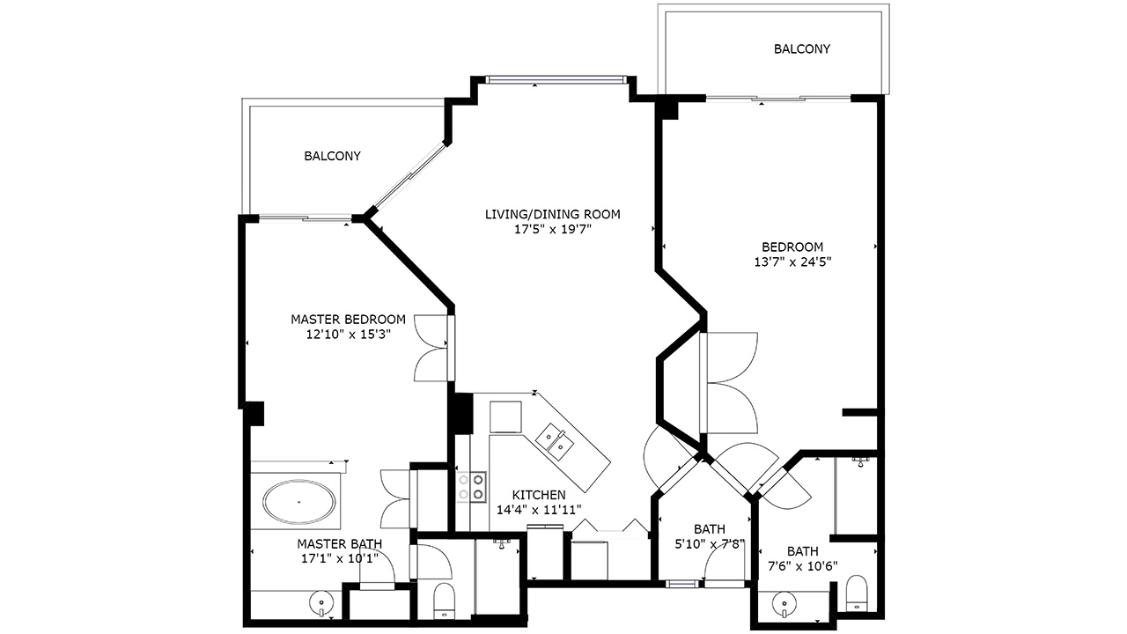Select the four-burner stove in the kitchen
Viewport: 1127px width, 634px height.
click(x=471, y=487)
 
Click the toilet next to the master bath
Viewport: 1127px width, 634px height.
click(x=444, y=601)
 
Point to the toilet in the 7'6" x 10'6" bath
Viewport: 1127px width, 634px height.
click(x=857, y=593)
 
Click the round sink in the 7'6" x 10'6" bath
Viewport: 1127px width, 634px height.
click(x=784, y=603)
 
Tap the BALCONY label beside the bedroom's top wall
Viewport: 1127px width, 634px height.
click(x=802, y=48)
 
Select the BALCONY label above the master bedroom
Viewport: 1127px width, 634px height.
click(x=332, y=156)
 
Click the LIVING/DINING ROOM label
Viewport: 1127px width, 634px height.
click(x=552, y=214)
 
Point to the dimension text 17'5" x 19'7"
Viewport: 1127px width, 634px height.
click(x=552, y=230)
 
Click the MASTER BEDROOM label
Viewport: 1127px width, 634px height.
click(x=348, y=319)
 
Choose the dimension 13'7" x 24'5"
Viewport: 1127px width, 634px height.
click(x=792, y=262)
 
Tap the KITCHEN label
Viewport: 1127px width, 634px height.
click(x=539, y=495)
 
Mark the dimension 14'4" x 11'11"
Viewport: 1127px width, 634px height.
click(x=539, y=510)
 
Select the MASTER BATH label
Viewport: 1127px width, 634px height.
click(x=340, y=544)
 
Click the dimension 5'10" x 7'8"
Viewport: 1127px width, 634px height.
click(x=710, y=544)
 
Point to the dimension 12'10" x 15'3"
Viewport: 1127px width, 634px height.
click(x=348, y=334)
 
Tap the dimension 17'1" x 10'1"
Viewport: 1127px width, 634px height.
click(x=340, y=558)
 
